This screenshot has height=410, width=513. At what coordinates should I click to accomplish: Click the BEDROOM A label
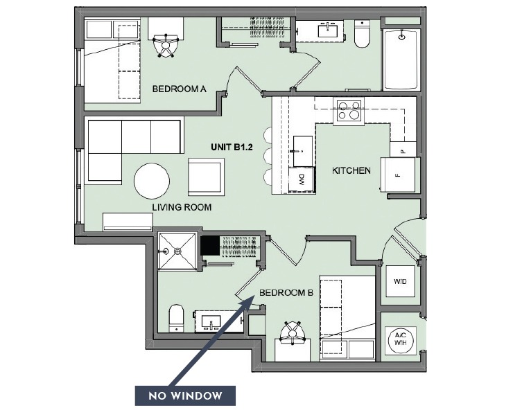(x=179, y=89)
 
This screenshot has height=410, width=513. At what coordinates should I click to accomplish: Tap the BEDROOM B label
(x=286, y=293)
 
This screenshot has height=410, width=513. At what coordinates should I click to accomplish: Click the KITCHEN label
(x=351, y=170)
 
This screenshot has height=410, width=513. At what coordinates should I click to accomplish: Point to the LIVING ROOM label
(x=182, y=207)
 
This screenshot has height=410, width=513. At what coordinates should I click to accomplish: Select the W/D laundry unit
(x=400, y=283)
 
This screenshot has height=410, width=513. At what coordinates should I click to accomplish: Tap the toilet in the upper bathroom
(x=362, y=35)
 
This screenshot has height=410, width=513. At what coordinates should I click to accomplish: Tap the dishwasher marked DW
(x=303, y=179)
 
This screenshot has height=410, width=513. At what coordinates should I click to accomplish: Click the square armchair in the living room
(x=207, y=176)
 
